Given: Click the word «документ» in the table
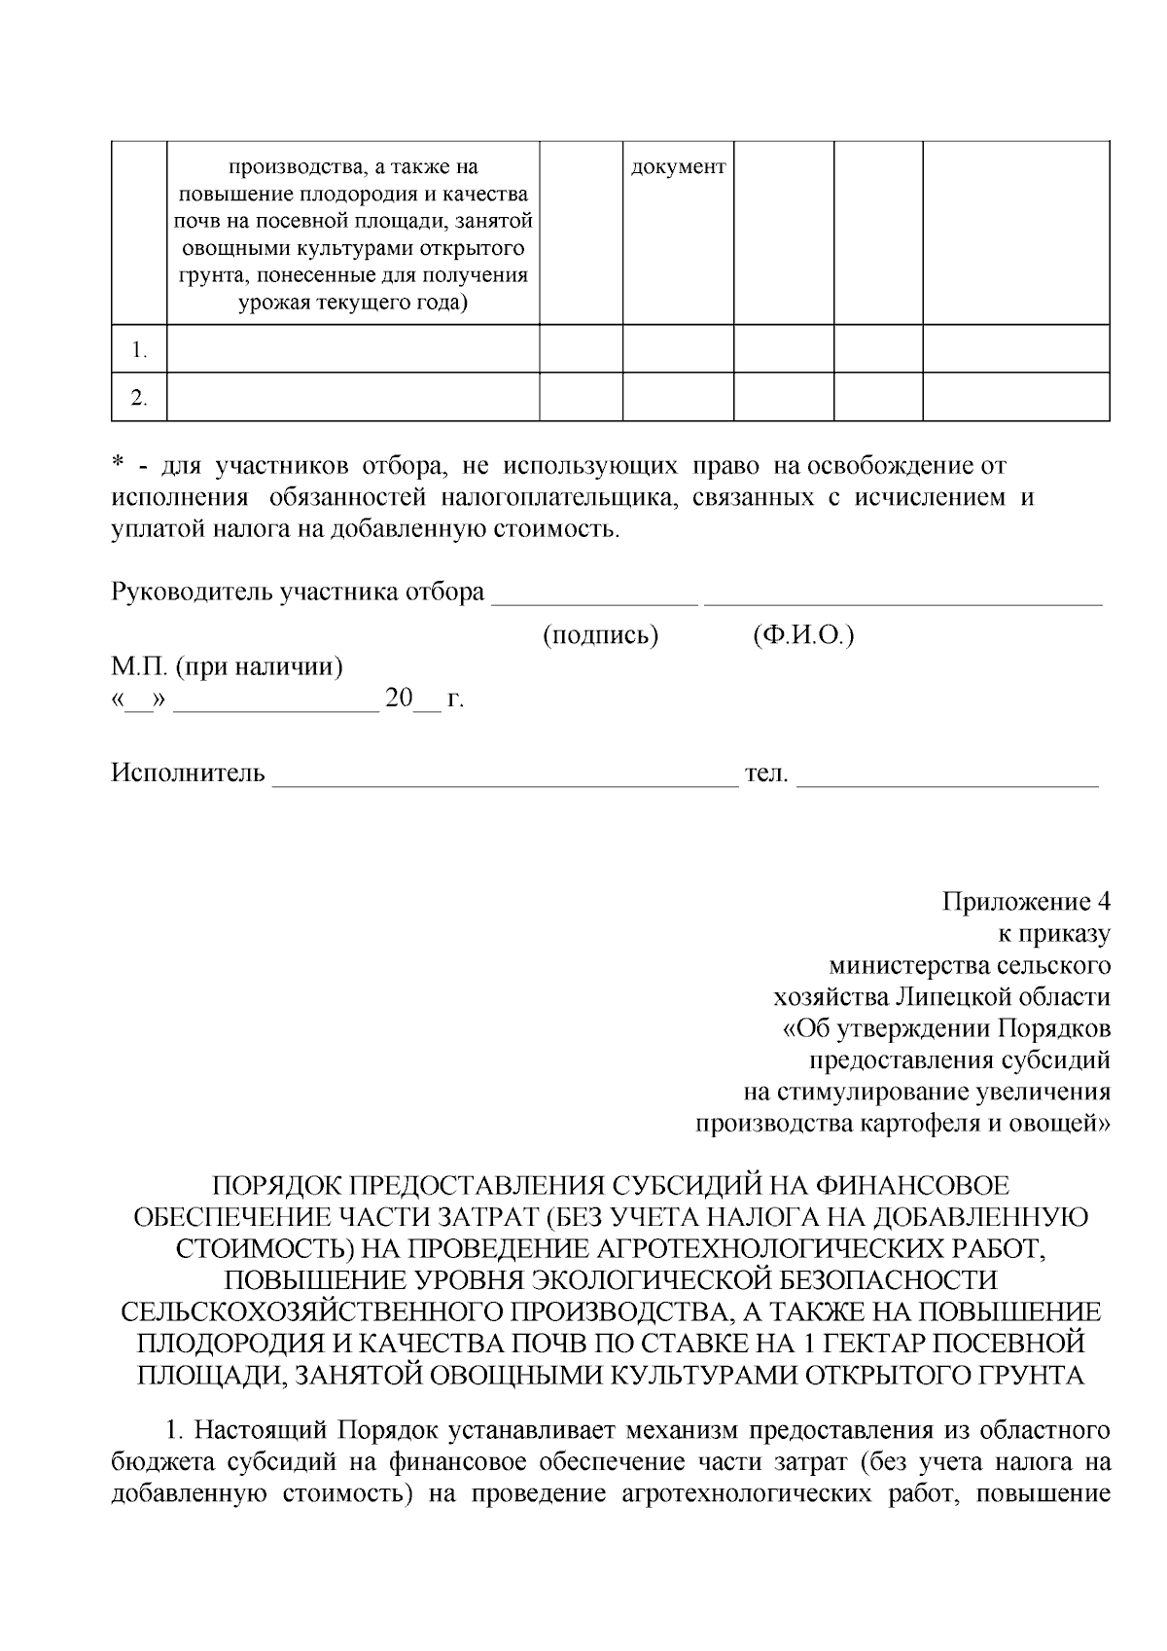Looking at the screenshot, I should point(678,167).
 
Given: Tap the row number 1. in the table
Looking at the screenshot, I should point(140,350).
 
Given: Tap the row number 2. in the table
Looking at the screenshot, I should point(140,398).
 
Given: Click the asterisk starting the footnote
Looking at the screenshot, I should point(117,466).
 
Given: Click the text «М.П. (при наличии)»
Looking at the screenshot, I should point(227,668).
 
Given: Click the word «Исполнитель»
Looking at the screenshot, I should point(188,773).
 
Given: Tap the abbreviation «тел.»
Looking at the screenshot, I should point(766,773).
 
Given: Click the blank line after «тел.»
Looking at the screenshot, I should point(947,781).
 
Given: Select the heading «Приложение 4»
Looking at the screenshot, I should point(1026,901).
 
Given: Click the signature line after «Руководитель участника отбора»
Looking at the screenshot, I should point(594,601).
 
